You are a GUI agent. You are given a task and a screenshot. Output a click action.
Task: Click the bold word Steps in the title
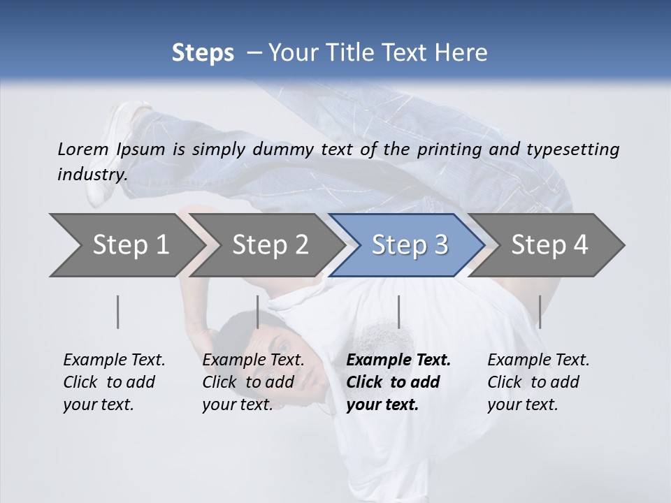click(203, 53)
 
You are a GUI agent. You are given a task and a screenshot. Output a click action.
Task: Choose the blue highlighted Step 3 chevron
click(410, 245)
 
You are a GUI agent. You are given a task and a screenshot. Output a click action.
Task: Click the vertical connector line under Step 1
click(118, 312)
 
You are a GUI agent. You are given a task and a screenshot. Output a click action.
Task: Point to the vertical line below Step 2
click(258, 312)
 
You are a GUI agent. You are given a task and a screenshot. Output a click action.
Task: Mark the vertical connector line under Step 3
click(398, 312)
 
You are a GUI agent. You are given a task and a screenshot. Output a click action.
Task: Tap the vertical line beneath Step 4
click(540, 312)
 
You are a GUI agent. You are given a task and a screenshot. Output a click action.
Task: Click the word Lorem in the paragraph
click(83, 150)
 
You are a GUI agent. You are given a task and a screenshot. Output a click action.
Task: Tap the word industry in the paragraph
click(92, 175)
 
